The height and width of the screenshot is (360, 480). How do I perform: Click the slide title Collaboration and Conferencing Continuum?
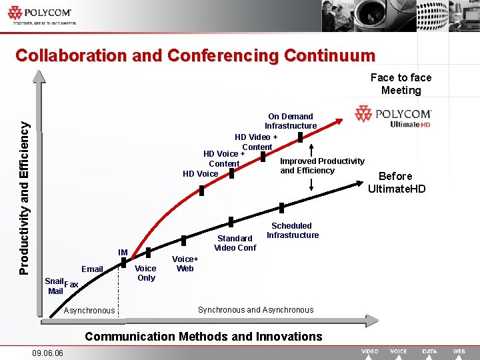(195, 55)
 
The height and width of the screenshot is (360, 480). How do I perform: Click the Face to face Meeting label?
(401, 84)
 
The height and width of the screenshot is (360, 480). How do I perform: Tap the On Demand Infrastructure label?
(290, 121)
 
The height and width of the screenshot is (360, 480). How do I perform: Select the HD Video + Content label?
(257, 142)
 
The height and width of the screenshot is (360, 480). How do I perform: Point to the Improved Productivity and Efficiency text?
(322, 165)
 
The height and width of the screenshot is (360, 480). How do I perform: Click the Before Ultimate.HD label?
(396, 182)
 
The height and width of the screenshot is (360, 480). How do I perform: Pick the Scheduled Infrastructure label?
(292, 230)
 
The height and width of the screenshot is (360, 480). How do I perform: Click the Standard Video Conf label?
(235, 243)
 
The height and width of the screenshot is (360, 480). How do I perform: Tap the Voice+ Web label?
(185, 263)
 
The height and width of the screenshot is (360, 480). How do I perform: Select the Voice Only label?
(145, 273)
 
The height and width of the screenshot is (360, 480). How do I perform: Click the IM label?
(123, 253)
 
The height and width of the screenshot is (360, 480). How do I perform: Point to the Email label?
(92, 269)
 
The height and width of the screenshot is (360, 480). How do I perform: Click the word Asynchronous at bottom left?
(89, 311)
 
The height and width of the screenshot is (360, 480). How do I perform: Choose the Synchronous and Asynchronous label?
(255, 310)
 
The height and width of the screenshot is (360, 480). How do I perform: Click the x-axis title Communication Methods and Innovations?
(203, 337)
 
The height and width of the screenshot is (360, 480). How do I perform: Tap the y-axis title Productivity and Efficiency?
(24, 197)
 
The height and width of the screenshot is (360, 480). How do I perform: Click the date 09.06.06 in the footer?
(47, 353)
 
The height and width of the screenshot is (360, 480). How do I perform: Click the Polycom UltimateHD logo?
(393, 117)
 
